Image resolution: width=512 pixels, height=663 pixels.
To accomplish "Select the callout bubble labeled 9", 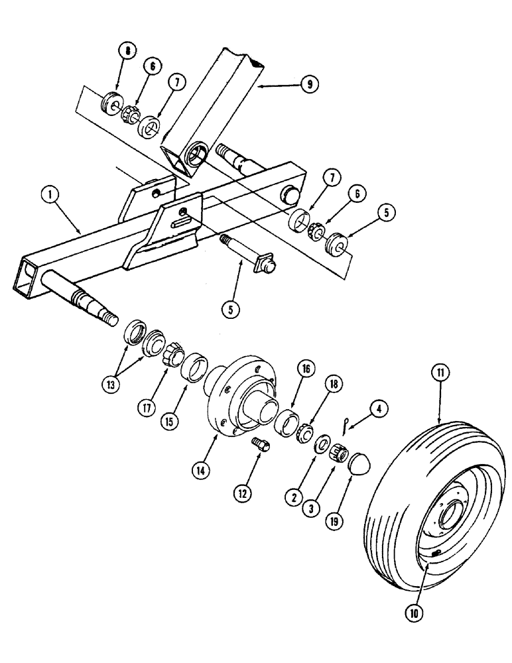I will coord(309,84).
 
